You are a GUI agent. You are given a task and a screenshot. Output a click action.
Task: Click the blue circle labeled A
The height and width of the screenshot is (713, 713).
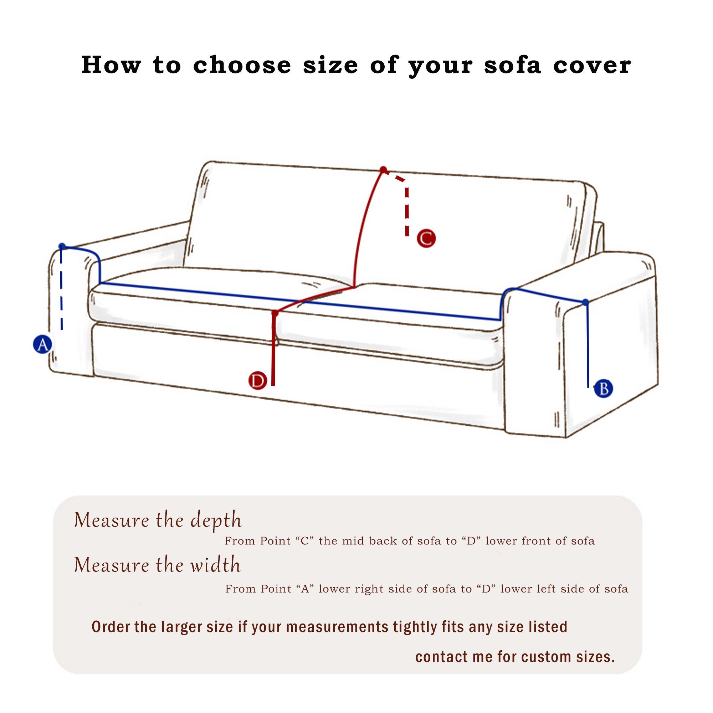tap(42, 344)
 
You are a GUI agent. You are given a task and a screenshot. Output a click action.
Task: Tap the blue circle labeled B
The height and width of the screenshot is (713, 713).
tap(603, 389)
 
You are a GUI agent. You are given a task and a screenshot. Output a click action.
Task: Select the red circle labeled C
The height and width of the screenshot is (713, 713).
tap(426, 238)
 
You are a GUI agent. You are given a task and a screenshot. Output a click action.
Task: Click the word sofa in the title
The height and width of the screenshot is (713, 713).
tap(512, 65)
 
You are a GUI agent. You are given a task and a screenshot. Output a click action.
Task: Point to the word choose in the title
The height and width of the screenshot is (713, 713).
tap(242, 65)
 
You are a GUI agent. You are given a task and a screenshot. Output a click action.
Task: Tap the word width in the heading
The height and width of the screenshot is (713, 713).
tap(215, 565)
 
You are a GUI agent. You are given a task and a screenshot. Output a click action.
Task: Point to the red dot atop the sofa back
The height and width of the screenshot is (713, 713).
tap(383, 170)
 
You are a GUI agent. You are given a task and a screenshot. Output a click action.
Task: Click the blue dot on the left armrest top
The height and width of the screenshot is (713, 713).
tap(62, 246)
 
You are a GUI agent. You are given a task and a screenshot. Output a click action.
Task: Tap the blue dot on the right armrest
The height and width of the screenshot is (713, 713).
tap(585, 302)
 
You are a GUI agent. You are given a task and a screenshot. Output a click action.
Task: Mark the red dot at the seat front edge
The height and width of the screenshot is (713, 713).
tap(275, 313)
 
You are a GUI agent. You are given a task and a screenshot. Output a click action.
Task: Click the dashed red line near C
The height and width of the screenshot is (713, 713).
tap(407, 210)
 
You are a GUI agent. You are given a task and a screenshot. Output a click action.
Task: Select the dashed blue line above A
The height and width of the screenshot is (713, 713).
tap(61, 292)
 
